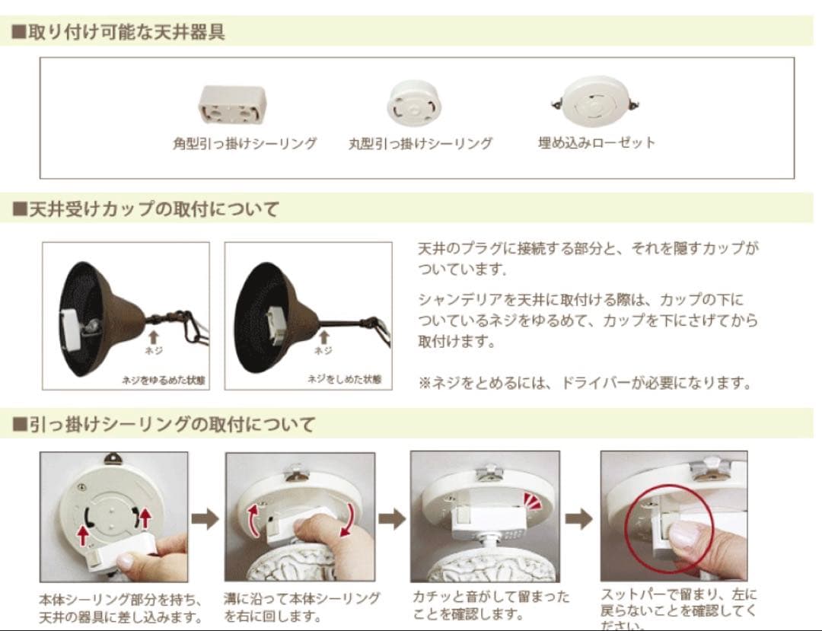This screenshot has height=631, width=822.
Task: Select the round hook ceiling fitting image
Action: point(414,104)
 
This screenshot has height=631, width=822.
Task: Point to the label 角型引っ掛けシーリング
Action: point(244,143)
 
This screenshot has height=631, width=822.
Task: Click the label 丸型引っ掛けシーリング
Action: point(420,143)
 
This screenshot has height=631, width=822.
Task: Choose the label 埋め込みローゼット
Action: point(597,142)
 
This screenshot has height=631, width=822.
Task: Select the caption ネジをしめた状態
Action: point(344,378)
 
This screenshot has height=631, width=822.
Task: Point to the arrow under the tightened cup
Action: point(323,336)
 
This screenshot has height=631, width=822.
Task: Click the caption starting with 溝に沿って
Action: point(301,606)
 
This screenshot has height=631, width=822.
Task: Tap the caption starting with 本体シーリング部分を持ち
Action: point(119,607)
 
